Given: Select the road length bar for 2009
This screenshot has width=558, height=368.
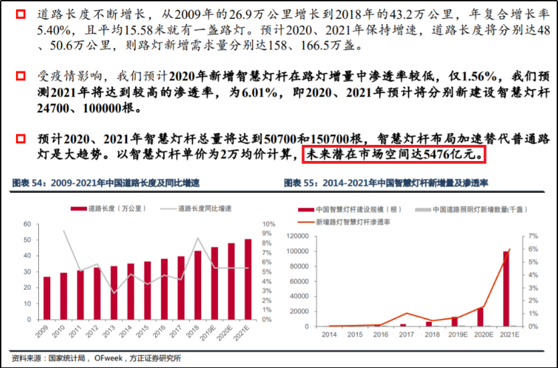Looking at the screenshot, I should [x=46, y=298].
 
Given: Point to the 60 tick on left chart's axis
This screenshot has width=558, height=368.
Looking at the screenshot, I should [x=27, y=224].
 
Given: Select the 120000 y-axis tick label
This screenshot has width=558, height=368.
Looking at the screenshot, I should [x=299, y=236].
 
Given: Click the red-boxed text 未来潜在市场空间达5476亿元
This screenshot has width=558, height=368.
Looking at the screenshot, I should [x=394, y=155].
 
